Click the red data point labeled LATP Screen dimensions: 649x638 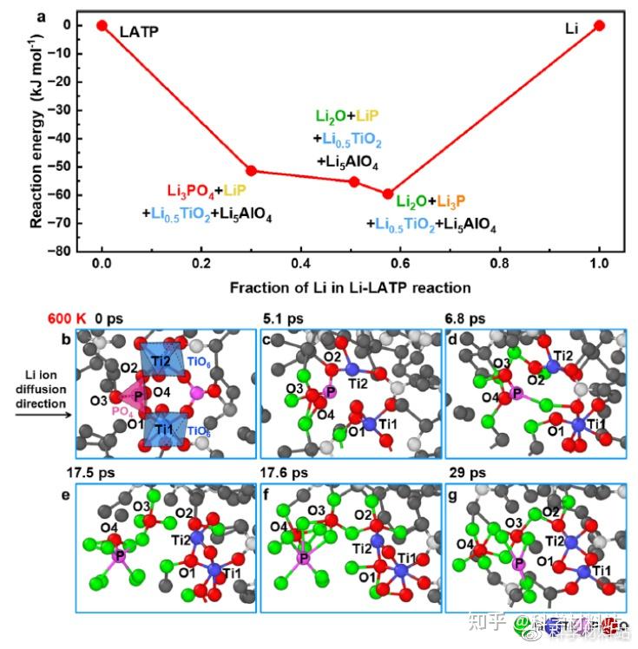102,25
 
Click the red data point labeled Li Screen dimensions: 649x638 599,25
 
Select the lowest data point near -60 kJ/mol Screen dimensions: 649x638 388,194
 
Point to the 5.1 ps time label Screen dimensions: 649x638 284,318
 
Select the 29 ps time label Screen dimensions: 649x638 462,473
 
